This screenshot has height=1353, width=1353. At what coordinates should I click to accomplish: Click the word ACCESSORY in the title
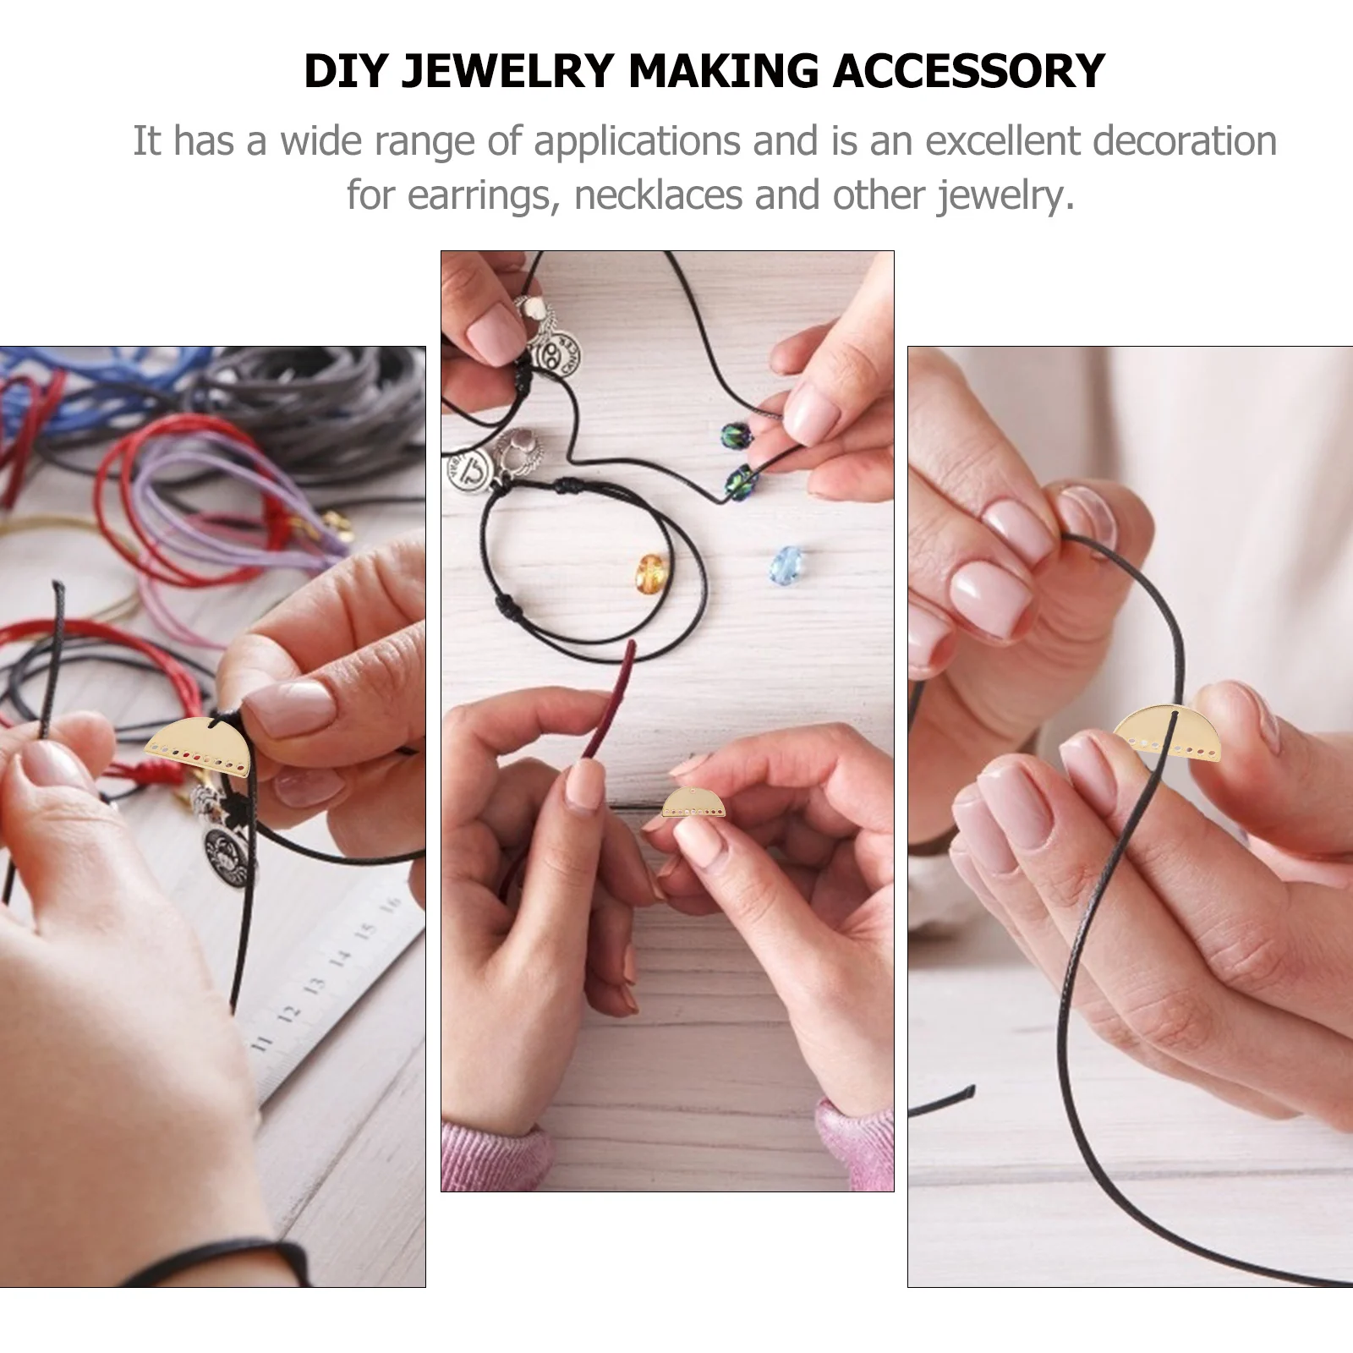969,70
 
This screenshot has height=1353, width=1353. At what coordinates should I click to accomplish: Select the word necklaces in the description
659,195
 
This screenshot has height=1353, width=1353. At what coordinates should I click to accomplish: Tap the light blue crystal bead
787,560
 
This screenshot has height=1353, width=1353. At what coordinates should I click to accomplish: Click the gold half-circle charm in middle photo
693,802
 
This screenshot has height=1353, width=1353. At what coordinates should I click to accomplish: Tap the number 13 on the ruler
315,986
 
